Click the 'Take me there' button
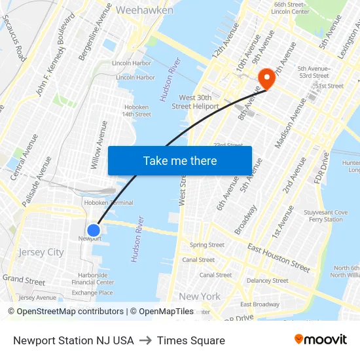click(x=180, y=160)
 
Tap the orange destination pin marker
click(x=266, y=79)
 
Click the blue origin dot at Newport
click(x=94, y=230)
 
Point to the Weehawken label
click(x=144, y=10)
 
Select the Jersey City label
click(x=41, y=252)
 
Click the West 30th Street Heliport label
click(x=191, y=101)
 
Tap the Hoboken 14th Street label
click(x=136, y=110)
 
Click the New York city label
click(x=200, y=296)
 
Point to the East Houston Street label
click(x=279, y=258)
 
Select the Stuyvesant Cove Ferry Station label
click(x=325, y=216)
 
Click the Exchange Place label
click(x=92, y=293)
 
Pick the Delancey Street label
click(x=267, y=281)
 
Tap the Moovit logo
click(x=321, y=340)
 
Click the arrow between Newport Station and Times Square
click(x=145, y=340)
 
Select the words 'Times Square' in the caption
click(x=190, y=340)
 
